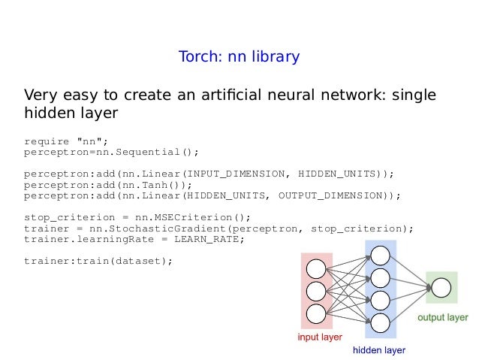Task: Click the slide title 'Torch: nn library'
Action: [x=239, y=57]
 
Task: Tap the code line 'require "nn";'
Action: [x=66, y=141]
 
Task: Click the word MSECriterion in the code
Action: [x=183, y=217]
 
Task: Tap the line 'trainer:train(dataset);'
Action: [x=98, y=261]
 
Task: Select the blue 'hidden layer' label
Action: [x=379, y=350]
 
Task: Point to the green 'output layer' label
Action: [x=443, y=317]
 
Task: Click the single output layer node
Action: [x=441, y=288]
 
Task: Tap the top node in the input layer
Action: [x=316, y=269]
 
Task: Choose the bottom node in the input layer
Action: [x=316, y=312]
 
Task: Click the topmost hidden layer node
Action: [x=380, y=256]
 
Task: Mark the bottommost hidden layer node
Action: [x=380, y=322]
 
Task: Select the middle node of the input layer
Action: [x=316, y=291]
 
